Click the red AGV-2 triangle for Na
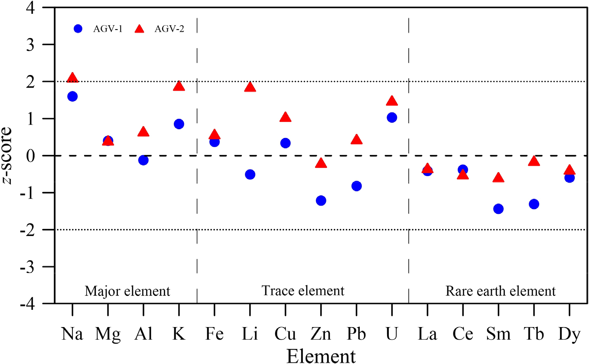point(72,78)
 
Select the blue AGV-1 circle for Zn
point(321,200)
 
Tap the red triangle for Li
point(250,87)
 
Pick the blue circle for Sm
point(498,209)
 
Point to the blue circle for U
point(392,118)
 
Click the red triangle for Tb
point(534,161)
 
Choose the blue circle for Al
point(143,160)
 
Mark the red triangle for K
point(179,86)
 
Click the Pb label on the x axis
point(356,335)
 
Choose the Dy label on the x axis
point(569,335)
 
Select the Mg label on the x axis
point(108,335)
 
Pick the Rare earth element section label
point(501,291)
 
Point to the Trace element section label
point(303,291)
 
